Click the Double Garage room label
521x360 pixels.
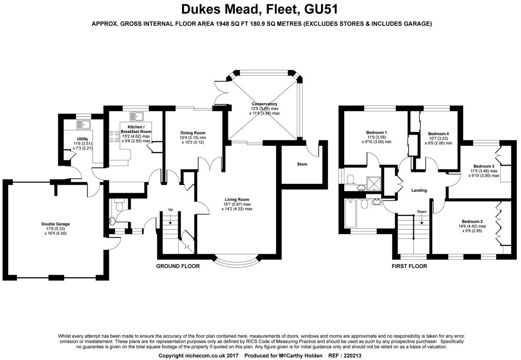[56, 224]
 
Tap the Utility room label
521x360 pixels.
[83, 139]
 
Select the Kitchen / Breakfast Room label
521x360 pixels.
[136, 129]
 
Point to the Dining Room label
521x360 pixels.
[193, 133]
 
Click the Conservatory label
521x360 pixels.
[264, 104]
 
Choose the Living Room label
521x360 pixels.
[237, 200]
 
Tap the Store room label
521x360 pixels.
[302, 164]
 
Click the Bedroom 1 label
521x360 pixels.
[376, 132]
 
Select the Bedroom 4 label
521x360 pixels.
[438, 134]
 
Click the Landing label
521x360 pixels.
[419, 190]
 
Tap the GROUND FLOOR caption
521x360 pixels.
[178, 266]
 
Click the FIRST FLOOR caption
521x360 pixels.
[409, 266]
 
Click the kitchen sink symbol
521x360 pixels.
[137, 115]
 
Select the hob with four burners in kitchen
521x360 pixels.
[114, 136]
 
